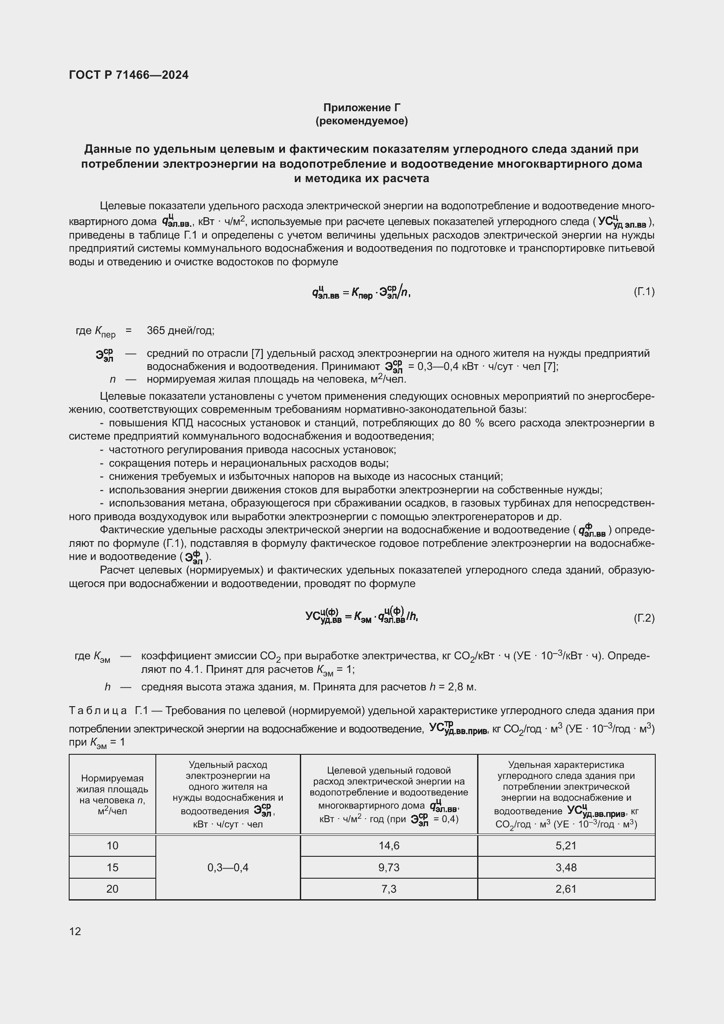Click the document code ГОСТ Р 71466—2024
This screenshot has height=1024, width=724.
128,75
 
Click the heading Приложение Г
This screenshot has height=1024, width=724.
362,108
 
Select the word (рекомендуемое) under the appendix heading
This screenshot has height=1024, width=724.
362,121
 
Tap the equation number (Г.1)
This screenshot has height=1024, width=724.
644,292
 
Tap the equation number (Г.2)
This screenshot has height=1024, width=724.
644,618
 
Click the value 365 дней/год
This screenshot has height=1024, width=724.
180,331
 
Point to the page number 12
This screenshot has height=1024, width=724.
75,931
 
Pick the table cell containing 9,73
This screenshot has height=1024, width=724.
389,867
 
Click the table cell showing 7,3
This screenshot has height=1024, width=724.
389,889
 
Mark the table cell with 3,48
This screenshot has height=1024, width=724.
566,867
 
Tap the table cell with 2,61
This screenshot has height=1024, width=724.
566,889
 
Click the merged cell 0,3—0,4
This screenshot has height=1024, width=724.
228,867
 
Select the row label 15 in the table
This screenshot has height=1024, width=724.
112,867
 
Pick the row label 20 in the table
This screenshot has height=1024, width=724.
112,889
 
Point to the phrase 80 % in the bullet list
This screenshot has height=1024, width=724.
471,423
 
